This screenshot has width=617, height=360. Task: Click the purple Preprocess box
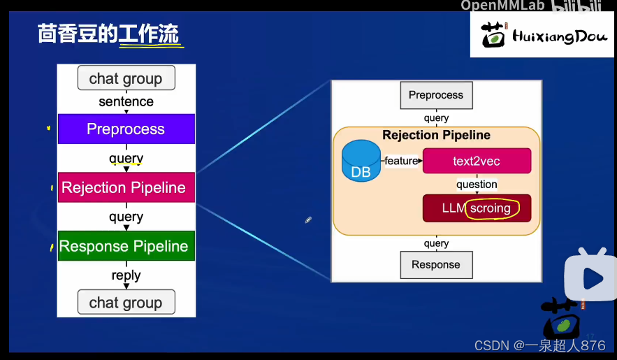coord(126,129)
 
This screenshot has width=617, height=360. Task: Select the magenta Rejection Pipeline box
coord(126,187)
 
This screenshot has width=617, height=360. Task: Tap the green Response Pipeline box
coord(126,246)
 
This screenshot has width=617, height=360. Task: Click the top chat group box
coord(126,78)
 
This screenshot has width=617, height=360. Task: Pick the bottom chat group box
coord(126,303)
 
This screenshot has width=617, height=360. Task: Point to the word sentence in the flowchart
coord(126,101)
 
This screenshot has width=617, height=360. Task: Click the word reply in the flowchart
coord(126,275)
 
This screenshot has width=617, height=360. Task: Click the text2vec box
coord(477,161)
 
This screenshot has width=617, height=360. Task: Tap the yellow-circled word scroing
coord(491,208)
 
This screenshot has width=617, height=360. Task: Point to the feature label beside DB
coord(401,161)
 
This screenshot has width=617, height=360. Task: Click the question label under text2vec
coord(477,185)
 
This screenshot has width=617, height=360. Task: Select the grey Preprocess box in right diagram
coord(436,95)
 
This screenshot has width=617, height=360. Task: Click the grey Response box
coord(436,265)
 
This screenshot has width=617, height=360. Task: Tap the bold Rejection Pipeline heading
coord(436,135)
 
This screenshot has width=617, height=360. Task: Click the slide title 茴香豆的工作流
coord(108,34)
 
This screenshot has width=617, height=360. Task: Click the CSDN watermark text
coord(539,345)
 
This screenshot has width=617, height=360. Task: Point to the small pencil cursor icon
coord(308,220)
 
